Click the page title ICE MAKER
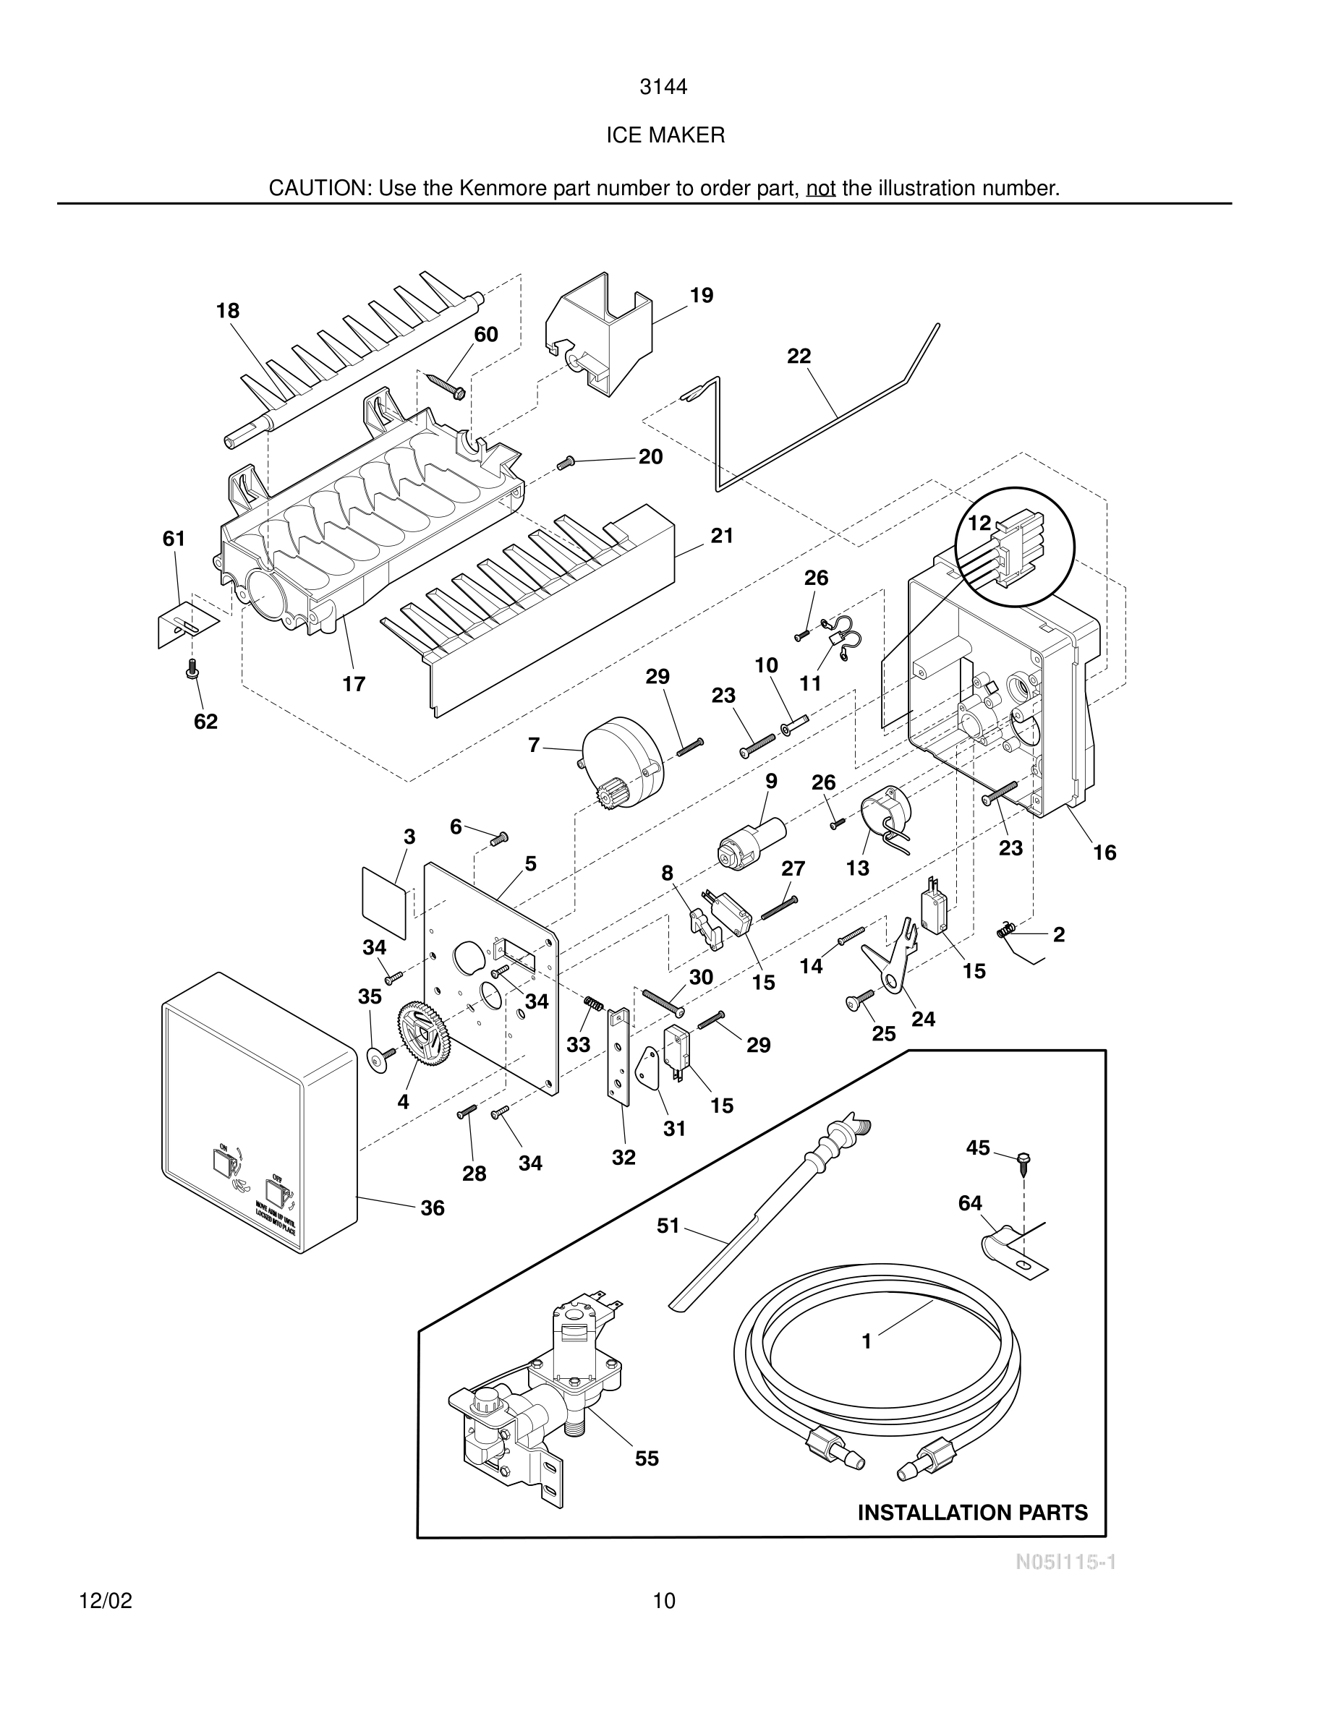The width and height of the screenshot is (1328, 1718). click(x=665, y=135)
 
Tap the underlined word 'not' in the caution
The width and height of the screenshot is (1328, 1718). click(x=820, y=189)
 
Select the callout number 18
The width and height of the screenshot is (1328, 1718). click(x=227, y=312)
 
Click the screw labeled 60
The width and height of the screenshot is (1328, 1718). click(x=446, y=385)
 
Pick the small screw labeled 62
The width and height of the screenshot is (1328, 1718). click(x=191, y=670)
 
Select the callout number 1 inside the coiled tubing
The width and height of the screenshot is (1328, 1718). click(x=867, y=1342)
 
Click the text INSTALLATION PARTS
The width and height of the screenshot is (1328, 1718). click(x=972, y=1513)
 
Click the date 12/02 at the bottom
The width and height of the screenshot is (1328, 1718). click(x=106, y=1601)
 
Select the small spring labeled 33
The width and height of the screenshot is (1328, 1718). click(x=593, y=1004)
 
